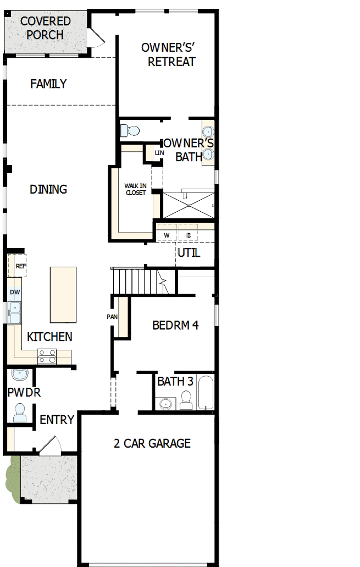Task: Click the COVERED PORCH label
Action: point(46,28)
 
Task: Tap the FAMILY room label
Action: point(48,84)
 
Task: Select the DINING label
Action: point(48,189)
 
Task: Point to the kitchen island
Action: point(63,295)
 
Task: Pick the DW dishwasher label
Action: point(15,292)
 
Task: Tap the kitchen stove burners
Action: point(47,356)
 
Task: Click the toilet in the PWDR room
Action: point(20,412)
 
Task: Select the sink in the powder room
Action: point(20,375)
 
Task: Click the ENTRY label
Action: point(57,420)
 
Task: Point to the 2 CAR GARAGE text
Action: point(152,443)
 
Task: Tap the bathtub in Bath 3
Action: point(205,393)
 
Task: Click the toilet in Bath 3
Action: point(186,401)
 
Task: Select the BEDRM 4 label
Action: point(175,325)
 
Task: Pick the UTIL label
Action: point(189,254)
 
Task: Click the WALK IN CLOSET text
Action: point(136,190)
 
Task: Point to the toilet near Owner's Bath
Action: point(131,131)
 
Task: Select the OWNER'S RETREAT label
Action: point(168,54)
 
